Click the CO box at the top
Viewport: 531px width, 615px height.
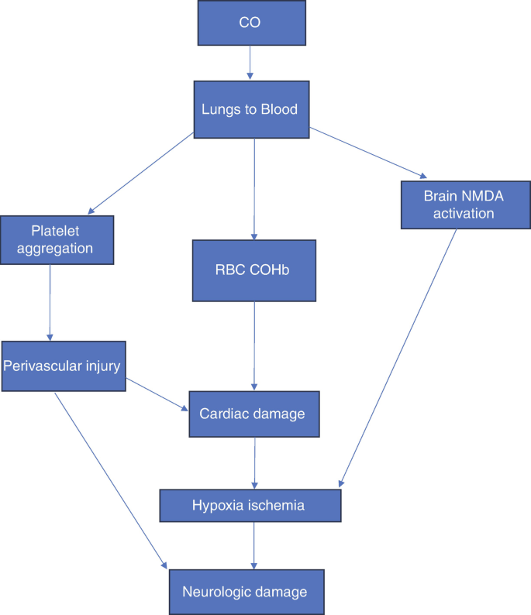coord(249,22)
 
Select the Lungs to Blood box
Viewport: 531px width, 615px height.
coord(249,109)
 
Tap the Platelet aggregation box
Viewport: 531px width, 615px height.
coord(57,239)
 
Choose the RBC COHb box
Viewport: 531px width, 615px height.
coord(254,270)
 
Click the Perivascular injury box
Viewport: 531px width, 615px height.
coord(62,365)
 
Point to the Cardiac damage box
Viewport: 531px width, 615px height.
coord(253,414)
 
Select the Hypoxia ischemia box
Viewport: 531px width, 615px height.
coord(250,505)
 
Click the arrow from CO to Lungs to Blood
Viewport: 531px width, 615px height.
coord(249,62)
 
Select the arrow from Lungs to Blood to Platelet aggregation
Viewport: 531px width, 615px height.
coord(142,172)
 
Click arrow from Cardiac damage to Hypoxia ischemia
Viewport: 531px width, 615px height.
coord(253,462)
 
